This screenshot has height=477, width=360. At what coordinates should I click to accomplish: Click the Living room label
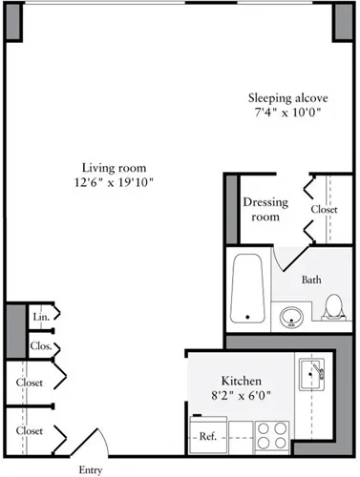click(113, 166)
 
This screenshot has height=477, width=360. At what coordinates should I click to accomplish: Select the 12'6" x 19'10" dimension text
click(113, 181)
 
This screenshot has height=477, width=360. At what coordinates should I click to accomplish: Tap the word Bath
click(311, 280)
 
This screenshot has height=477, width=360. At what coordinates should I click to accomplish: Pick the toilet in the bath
click(333, 307)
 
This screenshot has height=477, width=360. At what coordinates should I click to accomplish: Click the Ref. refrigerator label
click(206, 437)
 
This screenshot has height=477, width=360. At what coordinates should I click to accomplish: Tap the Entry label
click(89, 469)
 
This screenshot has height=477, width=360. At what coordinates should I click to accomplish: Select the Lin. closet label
click(40, 316)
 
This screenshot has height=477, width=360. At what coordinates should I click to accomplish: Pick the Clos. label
click(41, 346)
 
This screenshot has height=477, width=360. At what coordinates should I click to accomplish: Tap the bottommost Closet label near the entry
click(30, 431)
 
